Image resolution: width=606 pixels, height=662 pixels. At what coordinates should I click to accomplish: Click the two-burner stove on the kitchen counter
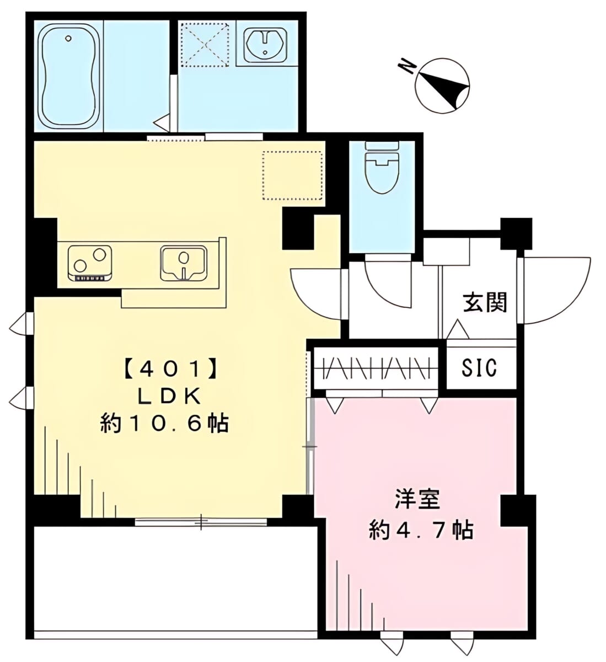(90, 263)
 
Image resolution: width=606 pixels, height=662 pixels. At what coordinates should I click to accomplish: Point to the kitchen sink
(184, 264)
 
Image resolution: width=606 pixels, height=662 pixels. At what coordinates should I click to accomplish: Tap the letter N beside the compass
(407, 68)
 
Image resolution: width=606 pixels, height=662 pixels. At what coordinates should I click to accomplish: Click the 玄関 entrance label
(485, 302)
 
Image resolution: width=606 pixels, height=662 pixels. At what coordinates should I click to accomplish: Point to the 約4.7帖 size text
(421, 530)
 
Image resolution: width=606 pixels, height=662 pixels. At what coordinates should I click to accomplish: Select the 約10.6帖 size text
(164, 424)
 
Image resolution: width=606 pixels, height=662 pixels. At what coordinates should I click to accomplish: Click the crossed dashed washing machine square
(205, 44)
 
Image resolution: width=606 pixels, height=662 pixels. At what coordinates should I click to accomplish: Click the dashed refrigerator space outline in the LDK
(292, 175)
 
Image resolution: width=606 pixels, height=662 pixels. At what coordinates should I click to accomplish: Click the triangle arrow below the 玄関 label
(458, 329)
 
